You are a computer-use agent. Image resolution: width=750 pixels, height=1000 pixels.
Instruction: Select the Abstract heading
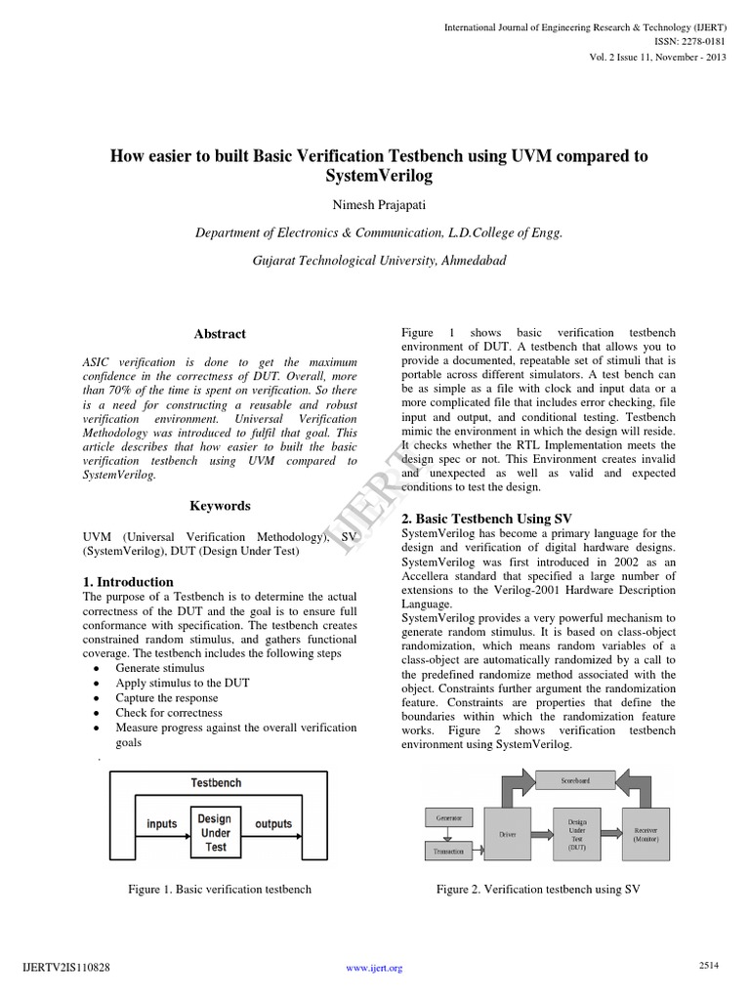220,334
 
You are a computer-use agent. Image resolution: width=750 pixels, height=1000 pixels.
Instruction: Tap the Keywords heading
220,506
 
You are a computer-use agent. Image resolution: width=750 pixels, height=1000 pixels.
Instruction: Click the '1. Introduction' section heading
128,582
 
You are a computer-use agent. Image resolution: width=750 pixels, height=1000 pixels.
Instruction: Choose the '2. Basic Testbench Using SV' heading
486,519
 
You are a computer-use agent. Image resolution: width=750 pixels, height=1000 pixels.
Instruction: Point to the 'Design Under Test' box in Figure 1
216,831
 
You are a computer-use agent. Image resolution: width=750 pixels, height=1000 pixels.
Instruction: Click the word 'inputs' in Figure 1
162,824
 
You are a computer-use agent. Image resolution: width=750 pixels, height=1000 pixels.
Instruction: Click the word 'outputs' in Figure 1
272,824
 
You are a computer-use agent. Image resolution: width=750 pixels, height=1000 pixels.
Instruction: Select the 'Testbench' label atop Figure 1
216,783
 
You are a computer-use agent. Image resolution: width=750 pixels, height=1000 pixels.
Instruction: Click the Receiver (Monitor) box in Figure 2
646,833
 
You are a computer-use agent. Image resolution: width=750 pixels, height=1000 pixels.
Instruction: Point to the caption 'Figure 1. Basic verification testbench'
220,890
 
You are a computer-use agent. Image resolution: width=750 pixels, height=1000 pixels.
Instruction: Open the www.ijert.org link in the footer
375,969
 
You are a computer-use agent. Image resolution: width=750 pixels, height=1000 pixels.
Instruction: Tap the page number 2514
709,965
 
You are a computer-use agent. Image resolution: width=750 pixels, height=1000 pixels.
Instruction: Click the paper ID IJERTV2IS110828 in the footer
65,968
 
